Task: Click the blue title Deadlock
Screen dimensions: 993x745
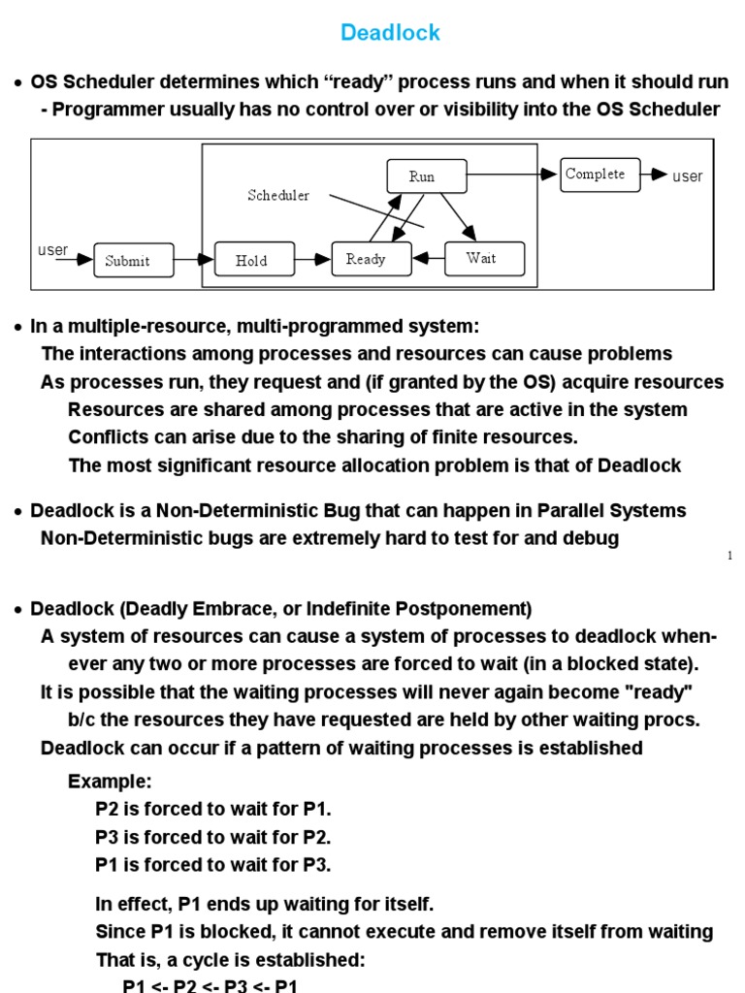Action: point(390,33)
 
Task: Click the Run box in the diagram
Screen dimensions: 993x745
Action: point(422,176)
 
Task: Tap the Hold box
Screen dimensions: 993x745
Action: point(251,260)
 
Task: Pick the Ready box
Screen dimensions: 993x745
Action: point(366,259)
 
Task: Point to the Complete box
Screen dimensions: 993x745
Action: point(599,175)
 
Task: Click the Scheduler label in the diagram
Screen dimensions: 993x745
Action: point(278,196)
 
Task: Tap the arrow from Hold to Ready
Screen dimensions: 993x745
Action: point(312,260)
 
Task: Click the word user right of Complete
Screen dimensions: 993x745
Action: point(688,176)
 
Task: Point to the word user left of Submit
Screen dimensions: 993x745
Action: point(53,250)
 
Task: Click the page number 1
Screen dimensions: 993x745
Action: point(730,556)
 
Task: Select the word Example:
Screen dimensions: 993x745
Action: point(110,782)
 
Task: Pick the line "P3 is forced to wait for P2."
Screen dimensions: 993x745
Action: point(213,837)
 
